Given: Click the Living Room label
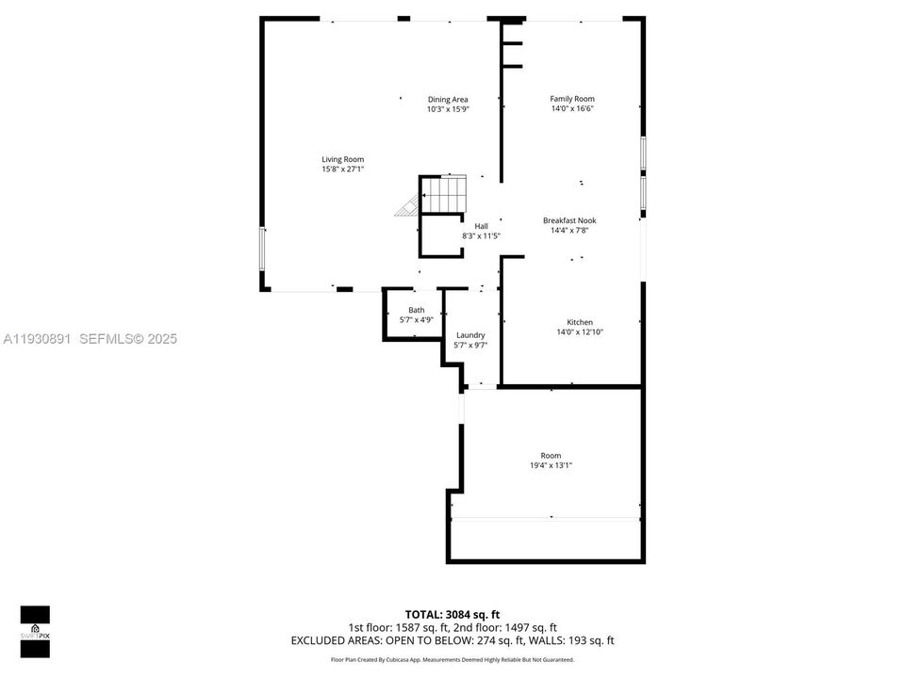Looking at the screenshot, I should click(x=342, y=159).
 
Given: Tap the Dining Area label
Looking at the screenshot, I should click(x=448, y=99).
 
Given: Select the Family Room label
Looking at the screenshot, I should click(x=572, y=99).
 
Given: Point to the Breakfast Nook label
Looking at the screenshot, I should click(x=569, y=220).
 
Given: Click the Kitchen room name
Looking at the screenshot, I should click(x=580, y=322).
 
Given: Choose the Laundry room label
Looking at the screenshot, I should click(x=470, y=335).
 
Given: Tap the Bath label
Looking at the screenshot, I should click(x=416, y=310).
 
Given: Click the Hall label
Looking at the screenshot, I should click(x=481, y=226).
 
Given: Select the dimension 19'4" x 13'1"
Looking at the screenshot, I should click(x=551, y=465).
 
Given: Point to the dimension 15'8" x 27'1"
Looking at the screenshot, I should click(x=342, y=169).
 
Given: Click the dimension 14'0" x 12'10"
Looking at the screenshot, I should click(x=580, y=331).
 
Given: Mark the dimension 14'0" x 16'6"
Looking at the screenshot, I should click(x=572, y=108).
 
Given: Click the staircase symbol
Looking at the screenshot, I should click(x=442, y=196).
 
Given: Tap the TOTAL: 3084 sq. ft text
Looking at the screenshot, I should click(x=452, y=615).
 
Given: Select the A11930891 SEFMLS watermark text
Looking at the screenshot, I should click(x=90, y=339).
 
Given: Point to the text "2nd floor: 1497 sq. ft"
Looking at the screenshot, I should click(x=506, y=627).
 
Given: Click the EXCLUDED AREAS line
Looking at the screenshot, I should click(x=452, y=640).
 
